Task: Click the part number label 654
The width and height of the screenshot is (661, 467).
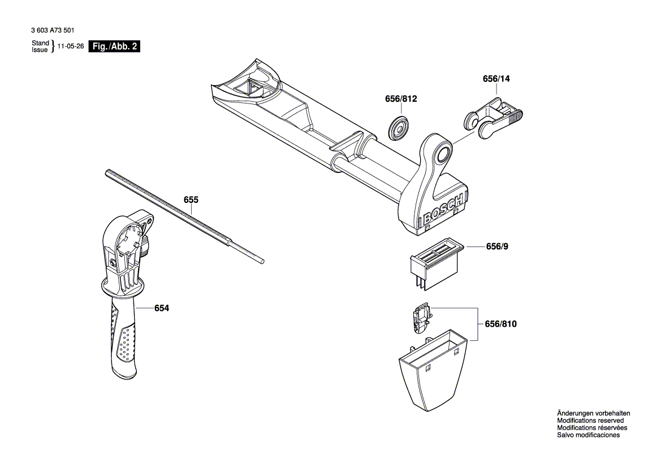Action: [162, 308]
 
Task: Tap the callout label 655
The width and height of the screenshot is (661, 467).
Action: [191, 200]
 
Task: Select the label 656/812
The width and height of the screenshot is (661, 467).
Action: [400, 99]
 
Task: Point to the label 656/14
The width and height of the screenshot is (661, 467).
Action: [496, 79]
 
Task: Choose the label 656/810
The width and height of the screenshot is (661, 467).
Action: [500, 324]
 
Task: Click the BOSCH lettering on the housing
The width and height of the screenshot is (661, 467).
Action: [443, 212]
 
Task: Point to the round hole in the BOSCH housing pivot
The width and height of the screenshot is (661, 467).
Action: [442, 153]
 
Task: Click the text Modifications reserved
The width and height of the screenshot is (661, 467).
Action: [590, 421]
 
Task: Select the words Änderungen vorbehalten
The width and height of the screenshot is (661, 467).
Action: [593, 413]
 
